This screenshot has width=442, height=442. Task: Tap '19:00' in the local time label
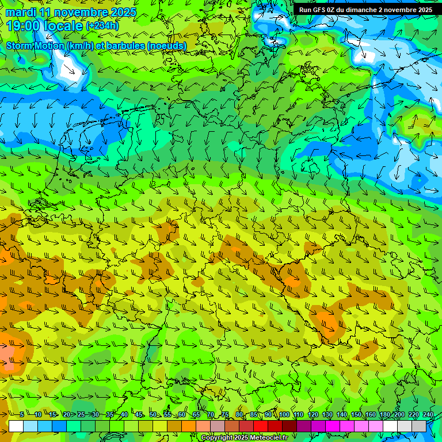coord(23,26)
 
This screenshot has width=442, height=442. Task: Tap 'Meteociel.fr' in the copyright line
coord(268,438)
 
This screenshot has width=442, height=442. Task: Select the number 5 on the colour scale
coord(22,415)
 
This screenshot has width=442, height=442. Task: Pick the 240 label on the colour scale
coord(428,415)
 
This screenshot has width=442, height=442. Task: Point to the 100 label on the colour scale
coord(284,415)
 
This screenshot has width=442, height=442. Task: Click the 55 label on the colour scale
coord(167,415)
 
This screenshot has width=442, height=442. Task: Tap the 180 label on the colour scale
coord(385,415)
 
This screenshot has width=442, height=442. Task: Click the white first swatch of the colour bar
coord(16,426)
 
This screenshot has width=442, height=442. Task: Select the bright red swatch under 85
coord(261,426)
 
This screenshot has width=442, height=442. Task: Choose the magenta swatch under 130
coord(333,426)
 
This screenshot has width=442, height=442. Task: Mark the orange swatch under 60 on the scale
coord(189,426)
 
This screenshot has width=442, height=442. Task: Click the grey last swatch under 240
coord(419,426)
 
